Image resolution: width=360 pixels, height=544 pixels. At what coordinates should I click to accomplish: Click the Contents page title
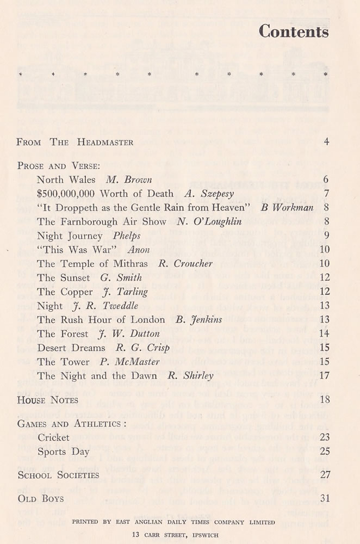[294, 32]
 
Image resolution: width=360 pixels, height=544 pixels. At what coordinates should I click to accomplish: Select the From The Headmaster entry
[75, 143]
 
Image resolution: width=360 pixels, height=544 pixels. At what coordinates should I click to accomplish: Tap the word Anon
[138, 250]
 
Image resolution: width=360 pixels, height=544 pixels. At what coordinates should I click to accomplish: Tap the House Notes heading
[48, 400]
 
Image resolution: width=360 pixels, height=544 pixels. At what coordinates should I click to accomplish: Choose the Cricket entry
[53, 437]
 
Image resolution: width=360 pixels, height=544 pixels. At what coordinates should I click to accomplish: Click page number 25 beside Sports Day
[324, 451]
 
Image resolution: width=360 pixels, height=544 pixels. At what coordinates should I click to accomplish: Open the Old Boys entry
[41, 498]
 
